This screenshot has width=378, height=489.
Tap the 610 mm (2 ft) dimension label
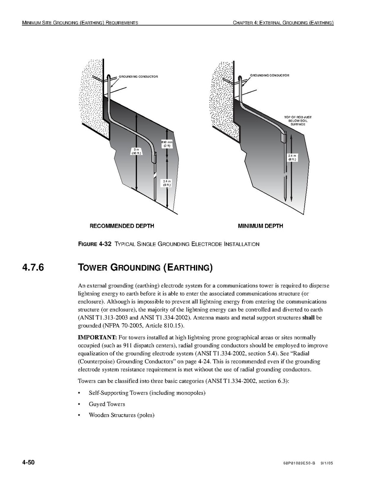coord(167,144)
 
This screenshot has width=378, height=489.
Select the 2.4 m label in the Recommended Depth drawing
coord(167,183)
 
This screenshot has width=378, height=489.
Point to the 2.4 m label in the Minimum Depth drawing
coord(292,158)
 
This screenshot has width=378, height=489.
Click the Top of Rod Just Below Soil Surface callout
coord(298,121)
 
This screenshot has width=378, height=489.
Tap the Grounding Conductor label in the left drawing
coord(138,77)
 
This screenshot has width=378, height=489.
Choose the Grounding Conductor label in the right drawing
coord(269,76)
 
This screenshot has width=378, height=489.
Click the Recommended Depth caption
coord(122,226)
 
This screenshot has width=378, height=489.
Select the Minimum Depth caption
coord(260,226)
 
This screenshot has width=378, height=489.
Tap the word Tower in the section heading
coord(93,268)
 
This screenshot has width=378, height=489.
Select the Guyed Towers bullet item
coord(107,404)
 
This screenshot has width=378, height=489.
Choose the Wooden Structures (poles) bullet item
coord(121,415)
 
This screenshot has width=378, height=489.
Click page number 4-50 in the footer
coord(29,462)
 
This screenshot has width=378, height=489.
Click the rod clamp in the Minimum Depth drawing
coord(285,137)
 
